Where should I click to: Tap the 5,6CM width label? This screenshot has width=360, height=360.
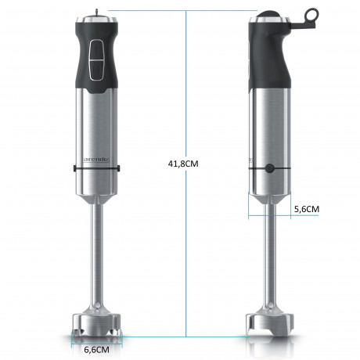click(306, 209)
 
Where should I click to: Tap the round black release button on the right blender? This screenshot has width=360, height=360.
click(268, 167)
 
